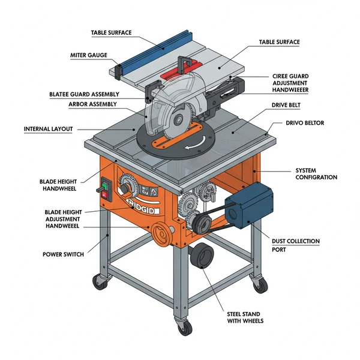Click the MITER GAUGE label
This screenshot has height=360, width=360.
coord(89,55)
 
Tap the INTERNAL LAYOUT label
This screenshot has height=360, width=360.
coord(48,129)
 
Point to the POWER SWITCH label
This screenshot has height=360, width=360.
coord(62,254)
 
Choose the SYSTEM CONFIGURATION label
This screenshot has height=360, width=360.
coord(316,173)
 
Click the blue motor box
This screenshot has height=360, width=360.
coord(248,207)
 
